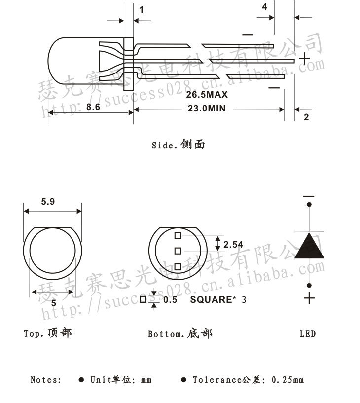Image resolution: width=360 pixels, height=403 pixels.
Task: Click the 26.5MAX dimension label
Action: pos(207,94)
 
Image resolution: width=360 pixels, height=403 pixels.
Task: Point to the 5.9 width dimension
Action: pos(48,201)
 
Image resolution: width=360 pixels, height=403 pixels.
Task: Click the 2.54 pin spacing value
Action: pos(233,244)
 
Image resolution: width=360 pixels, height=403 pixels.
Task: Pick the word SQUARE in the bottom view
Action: pos(211,299)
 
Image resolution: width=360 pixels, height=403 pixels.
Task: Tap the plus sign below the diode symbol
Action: pos(309,298)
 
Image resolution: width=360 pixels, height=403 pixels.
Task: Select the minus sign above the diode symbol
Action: pos(309,196)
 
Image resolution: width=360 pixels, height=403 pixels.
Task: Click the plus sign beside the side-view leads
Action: pos(305,59)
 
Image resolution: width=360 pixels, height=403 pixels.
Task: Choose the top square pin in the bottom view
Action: pos(179,235)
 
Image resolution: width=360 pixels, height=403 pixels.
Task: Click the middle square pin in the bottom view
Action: pos(179,251)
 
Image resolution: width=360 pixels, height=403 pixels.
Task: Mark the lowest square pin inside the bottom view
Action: pos(179,267)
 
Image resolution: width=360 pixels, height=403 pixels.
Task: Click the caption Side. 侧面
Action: pos(178,145)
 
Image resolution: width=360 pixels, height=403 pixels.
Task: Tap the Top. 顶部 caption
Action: pos(48,333)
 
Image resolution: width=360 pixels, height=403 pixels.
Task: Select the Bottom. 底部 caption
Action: pos(180,334)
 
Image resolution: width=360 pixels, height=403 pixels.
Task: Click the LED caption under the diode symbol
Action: pos(308,334)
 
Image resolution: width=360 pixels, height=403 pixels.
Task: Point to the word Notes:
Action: pos(46,380)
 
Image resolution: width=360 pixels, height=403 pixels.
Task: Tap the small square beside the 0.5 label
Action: pos(143,299)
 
